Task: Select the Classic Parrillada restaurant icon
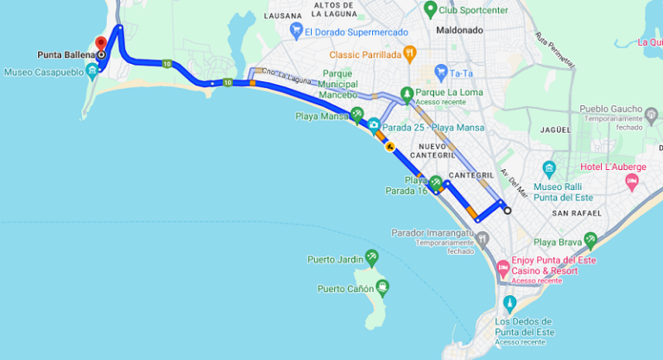(x=410, y=54)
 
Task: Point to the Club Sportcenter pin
(x=430, y=9)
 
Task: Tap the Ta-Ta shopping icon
(x=440, y=73)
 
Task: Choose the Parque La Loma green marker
(x=407, y=92)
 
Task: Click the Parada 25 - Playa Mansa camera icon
(x=374, y=125)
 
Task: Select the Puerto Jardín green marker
(x=371, y=256)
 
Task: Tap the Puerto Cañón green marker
(x=382, y=286)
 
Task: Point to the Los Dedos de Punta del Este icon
(x=509, y=303)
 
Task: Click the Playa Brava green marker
(x=590, y=239)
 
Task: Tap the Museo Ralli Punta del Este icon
(x=548, y=167)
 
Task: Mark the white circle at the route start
(x=508, y=211)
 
